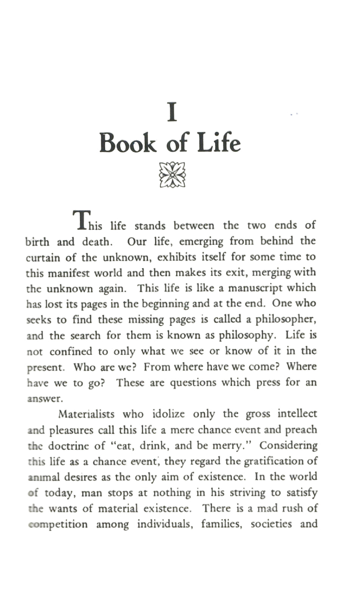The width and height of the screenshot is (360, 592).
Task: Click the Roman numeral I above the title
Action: click(172, 113)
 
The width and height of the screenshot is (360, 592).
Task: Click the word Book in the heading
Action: click(128, 143)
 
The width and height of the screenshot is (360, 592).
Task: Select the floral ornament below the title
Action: click(172, 174)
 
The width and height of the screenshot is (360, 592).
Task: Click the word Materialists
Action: click(86, 414)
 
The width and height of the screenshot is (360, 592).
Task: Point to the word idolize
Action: click(168, 414)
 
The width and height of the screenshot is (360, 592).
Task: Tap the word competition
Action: click(58, 525)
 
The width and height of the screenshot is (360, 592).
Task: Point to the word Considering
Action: click(288, 446)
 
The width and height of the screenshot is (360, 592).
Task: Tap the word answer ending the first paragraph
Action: click(44, 399)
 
